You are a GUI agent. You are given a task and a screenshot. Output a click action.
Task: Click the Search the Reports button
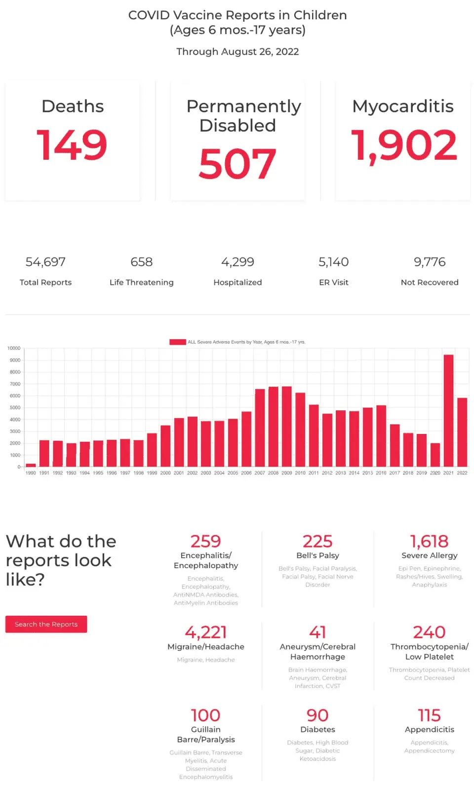coord(46,624)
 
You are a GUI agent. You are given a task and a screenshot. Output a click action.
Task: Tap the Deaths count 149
coord(72,145)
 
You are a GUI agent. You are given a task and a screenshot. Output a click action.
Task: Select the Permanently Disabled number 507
coord(237,164)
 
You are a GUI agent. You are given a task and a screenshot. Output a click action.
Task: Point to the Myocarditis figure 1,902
coord(403,145)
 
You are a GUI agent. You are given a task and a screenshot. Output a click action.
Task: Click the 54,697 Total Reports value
coord(45,262)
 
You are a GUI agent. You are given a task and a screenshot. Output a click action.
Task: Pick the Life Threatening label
coord(142,282)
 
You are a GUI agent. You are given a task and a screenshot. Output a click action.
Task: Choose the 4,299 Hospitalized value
coord(237,262)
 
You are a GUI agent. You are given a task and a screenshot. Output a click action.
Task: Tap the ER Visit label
coord(334,282)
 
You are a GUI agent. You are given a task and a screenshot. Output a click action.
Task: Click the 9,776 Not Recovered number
coord(430,262)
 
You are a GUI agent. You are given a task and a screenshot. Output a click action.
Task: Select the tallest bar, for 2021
coord(448,410)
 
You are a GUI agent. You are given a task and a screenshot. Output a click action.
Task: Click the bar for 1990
coord(31,465)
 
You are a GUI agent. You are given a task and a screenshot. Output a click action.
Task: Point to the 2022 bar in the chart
coord(462,432)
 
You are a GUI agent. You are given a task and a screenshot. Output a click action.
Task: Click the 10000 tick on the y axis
coord(14,348)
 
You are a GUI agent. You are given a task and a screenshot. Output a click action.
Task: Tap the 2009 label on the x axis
coord(286,473)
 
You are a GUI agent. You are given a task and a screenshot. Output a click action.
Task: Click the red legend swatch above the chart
coord(177,342)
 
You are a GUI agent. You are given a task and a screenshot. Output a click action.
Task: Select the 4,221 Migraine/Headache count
coord(206,632)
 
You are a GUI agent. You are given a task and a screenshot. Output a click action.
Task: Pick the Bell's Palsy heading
coord(317,555)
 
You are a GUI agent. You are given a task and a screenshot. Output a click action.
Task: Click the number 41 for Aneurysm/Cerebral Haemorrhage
coord(317,632)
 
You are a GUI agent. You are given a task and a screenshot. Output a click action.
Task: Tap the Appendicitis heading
coord(429,729)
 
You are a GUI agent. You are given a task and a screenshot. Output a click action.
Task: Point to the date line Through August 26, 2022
coord(237,51)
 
